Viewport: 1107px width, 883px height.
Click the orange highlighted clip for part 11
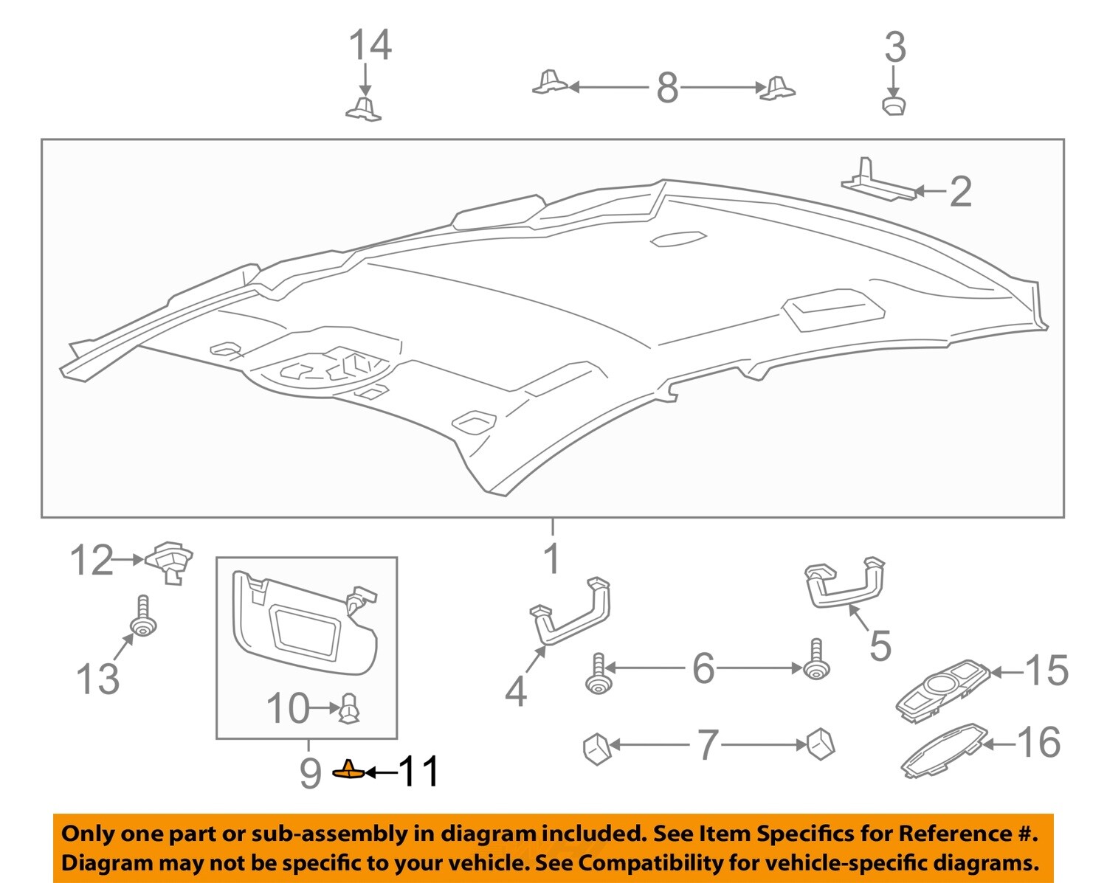click(348, 771)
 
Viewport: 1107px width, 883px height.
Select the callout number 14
click(370, 45)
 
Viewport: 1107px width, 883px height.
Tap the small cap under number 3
click(894, 104)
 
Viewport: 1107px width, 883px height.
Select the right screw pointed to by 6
click(815, 661)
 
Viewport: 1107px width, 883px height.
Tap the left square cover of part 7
click(596, 749)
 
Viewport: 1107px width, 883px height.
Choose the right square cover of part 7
click(820, 744)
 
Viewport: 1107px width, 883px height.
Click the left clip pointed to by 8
click(551, 83)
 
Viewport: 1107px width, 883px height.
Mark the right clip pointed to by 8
click(778, 88)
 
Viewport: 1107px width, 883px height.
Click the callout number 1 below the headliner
click(552, 558)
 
